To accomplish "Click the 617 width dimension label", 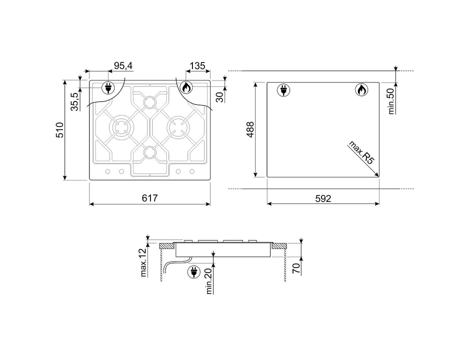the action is click(149, 198).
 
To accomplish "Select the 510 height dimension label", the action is click(59, 130).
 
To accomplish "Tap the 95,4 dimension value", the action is click(123, 65).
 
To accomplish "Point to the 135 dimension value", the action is click(197, 65).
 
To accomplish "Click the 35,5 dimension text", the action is click(74, 101).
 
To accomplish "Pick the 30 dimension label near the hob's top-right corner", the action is click(220, 97).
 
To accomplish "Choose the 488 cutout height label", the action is click(250, 130).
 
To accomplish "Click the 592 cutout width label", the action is click(323, 198).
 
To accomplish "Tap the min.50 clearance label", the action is click(391, 101).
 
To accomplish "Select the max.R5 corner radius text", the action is click(361, 152).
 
